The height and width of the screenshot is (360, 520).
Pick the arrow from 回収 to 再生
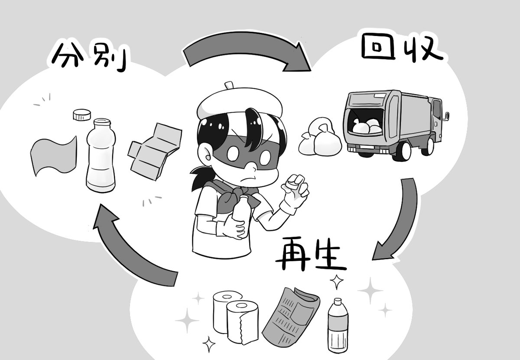coord(399,217)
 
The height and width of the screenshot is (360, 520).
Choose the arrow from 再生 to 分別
coord(130,247)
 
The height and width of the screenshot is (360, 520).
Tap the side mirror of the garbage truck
coord(446,116)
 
